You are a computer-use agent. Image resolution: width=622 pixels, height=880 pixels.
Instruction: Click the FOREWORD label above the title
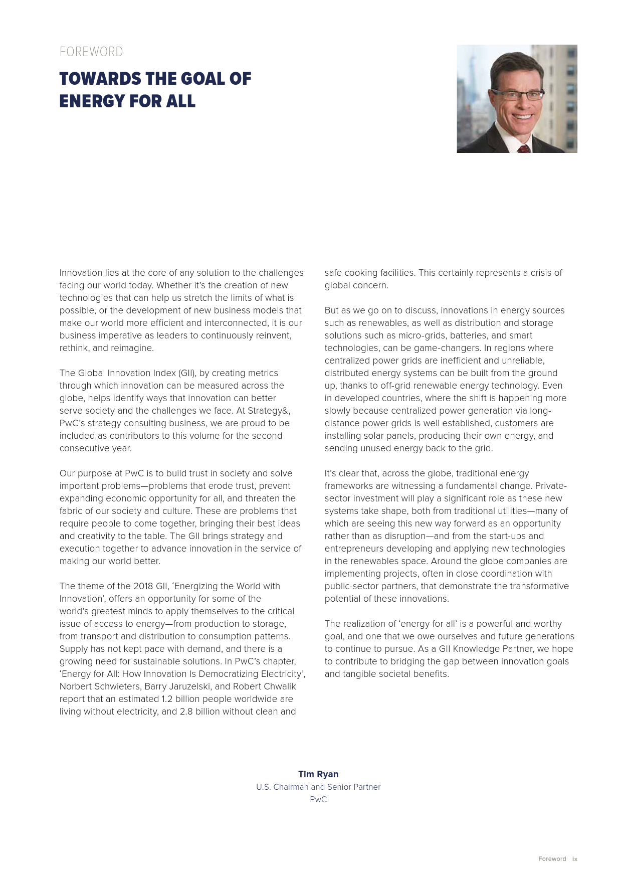[91, 52]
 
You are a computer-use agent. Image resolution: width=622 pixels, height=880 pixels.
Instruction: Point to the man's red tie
[524, 148]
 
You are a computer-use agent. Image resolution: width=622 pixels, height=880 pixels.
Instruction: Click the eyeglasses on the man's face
[519, 95]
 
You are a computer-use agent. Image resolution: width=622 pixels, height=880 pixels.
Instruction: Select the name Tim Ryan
[318, 774]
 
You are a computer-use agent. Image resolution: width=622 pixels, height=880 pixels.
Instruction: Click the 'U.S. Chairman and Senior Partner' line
[318, 787]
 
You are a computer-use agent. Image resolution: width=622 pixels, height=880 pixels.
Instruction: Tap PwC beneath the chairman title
[318, 800]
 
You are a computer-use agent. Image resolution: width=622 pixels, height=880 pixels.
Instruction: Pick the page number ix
[575, 859]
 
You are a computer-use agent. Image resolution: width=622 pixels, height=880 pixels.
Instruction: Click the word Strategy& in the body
[269, 411]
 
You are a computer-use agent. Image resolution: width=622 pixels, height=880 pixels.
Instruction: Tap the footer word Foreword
[552, 859]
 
